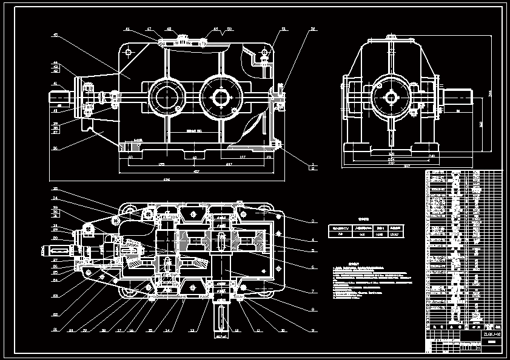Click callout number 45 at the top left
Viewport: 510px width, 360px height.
pyautogui.click(x=55, y=35)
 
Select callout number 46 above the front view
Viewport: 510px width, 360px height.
pyautogui.click(x=127, y=28)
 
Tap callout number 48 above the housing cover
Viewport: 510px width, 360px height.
pyautogui.click(x=168, y=28)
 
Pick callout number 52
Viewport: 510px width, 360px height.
pyautogui.click(x=313, y=29)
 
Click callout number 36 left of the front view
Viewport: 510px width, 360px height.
pyautogui.click(x=55, y=147)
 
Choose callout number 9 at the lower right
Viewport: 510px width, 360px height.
pyautogui.click(x=313, y=331)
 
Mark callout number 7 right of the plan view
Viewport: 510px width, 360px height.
pyautogui.click(x=313, y=292)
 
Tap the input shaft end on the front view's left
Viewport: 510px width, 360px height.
pyautogui.click(x=61, y=96)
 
